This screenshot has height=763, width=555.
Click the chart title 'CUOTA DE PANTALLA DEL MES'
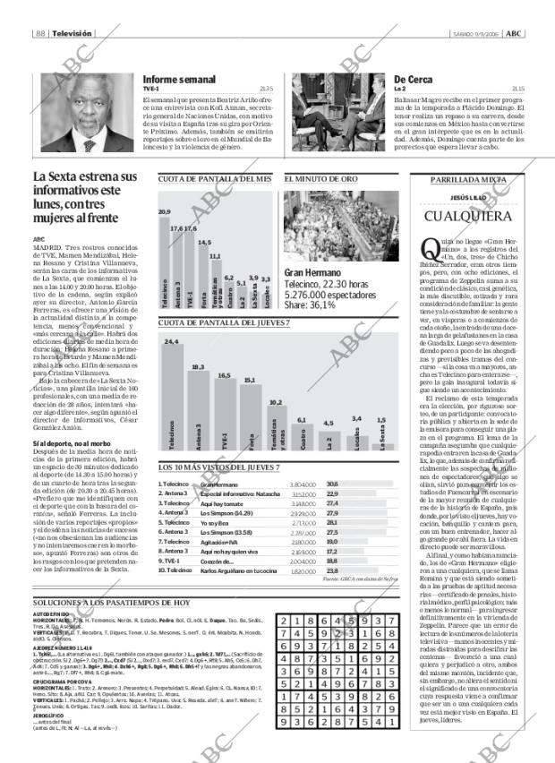(x=215, y=179)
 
